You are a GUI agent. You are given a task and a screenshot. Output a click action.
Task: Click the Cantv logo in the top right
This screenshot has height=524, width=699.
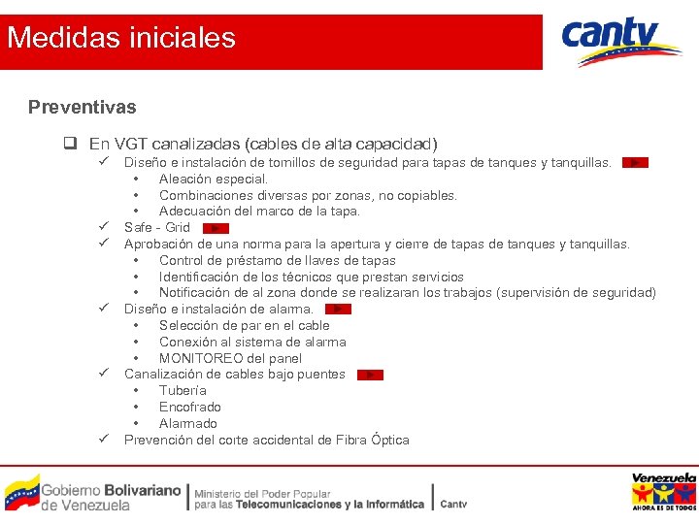[x=621, y=42]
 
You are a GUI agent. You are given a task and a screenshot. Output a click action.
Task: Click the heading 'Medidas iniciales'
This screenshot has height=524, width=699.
[x=121, y=38]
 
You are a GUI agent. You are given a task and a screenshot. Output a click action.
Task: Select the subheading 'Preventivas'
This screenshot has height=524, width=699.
[x=83, y=107]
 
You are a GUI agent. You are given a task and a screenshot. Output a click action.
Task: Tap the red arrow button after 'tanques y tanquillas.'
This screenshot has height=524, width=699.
[x=635, y=163]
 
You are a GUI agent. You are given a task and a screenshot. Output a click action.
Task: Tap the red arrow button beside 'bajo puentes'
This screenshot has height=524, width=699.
[x=370, y=375]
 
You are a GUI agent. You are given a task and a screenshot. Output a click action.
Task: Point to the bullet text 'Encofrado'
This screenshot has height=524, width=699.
[x=190, y=407]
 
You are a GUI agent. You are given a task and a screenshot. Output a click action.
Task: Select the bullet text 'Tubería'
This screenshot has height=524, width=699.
[x=183, y=390]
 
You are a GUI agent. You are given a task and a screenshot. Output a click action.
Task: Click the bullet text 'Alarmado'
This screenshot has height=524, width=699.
[x=188, y=423]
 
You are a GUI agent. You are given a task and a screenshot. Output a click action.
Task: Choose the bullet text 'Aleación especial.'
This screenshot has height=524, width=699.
[x=214, y=179]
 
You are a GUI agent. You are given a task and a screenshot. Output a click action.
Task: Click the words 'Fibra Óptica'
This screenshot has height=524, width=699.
[x=373, y=440]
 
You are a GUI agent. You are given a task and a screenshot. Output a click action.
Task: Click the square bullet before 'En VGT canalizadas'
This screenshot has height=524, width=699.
[x=71, y=144]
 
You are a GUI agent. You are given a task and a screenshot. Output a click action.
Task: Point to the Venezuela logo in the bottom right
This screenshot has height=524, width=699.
[x=664, y=492]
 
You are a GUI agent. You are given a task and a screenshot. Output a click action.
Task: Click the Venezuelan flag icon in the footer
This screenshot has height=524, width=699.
[x=21, y=492]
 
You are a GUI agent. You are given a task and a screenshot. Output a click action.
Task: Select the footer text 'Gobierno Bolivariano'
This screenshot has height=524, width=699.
[x=111, y=490]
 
